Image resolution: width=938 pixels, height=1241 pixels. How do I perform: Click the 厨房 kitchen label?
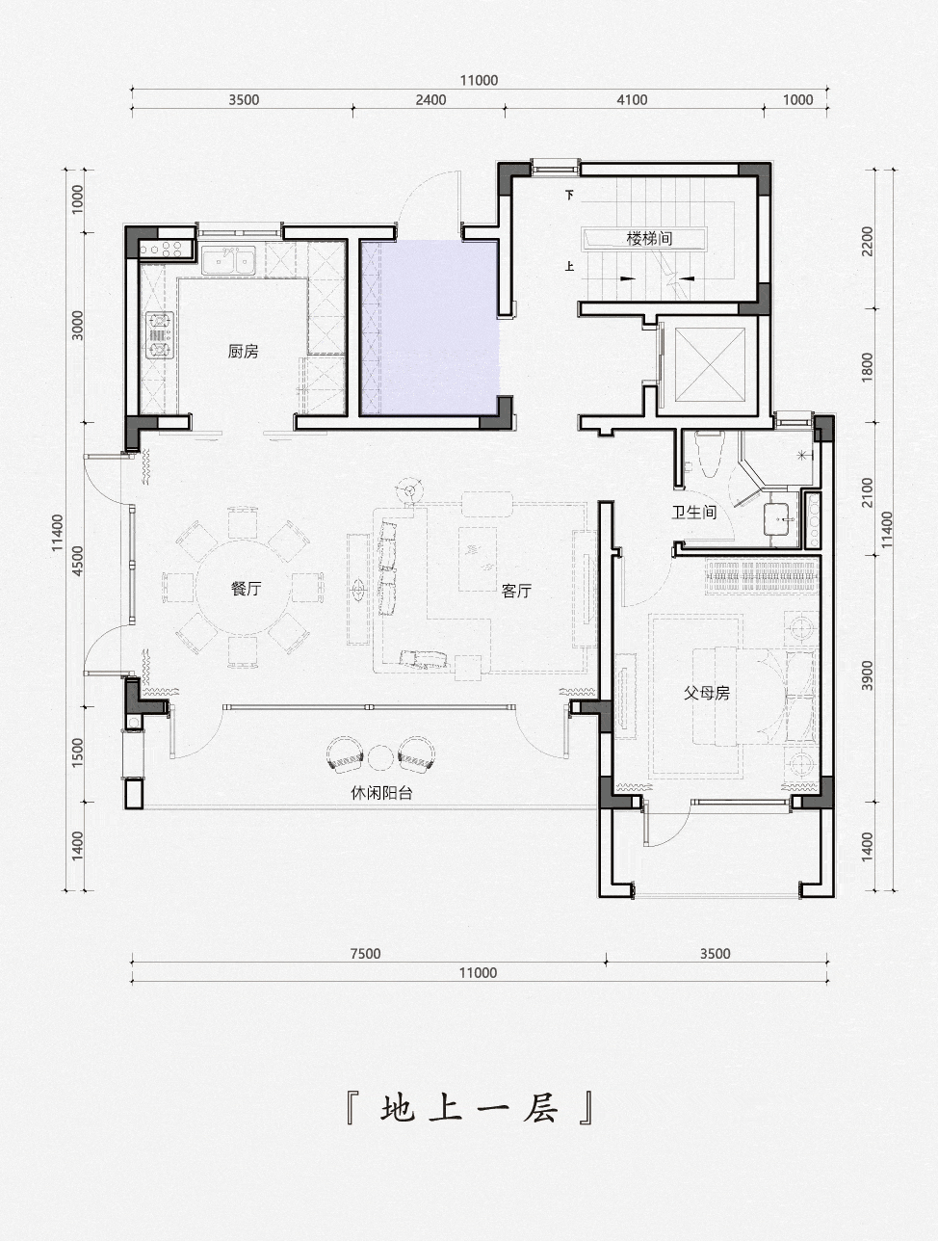[243, 352]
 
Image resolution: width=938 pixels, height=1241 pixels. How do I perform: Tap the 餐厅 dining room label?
[247, 589]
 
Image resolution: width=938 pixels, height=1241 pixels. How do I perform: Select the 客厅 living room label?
[516, 591]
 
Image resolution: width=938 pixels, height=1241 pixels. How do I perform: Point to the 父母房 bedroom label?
[707, 693]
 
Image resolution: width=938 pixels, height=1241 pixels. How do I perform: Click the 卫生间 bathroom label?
[694, 513]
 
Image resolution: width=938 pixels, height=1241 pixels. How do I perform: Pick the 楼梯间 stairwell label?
[650, 238]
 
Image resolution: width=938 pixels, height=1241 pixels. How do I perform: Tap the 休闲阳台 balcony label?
[381, 793]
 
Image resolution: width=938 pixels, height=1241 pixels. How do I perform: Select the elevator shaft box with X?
[711, 364]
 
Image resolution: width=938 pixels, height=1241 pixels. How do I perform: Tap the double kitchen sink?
[229, 261]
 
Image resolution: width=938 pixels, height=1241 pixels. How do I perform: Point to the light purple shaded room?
[430, 328]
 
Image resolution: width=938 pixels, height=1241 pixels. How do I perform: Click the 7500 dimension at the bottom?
[366, 953]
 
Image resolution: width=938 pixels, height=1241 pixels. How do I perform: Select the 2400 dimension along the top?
[430, 100]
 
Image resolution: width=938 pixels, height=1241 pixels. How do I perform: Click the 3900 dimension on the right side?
[868, 675]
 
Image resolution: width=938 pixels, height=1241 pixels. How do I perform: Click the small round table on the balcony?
[380, 758]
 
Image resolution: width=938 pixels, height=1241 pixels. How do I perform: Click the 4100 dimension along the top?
[632, 100]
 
